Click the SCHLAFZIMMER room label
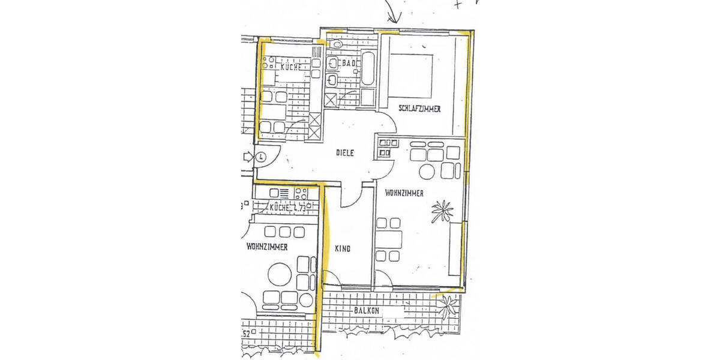pos(419,109)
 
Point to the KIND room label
pos(343,248)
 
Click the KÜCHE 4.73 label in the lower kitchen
pos(288,208)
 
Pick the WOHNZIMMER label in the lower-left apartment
pos(266,247)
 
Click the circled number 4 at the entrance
pos(261,158)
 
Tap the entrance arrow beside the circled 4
pos(248,158)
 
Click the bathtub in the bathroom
pos(368,70)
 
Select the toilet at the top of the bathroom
pos(337,44)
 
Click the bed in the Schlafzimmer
pos(411,74)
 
